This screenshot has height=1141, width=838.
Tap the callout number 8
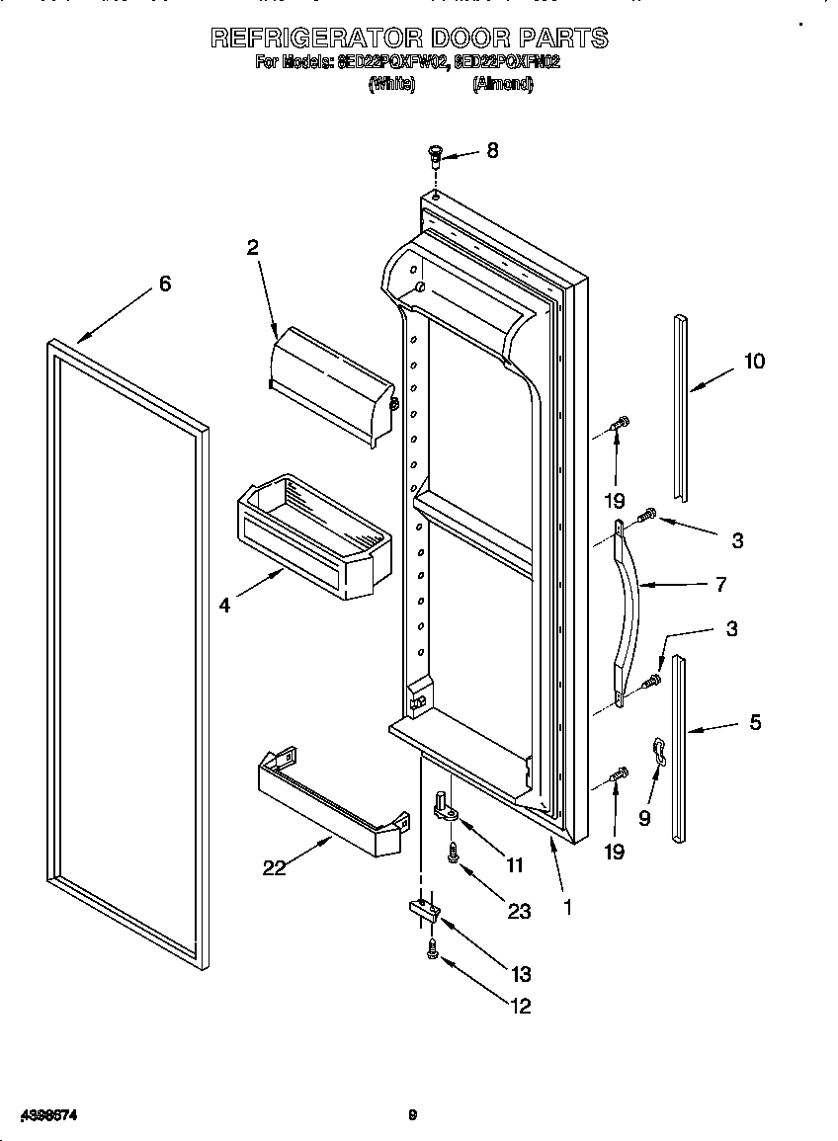[x=492, y=151]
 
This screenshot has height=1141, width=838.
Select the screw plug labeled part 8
[x=435, y=155]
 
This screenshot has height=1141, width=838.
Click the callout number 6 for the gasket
[x=164, y=284]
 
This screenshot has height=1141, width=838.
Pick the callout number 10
[x=754, y=362]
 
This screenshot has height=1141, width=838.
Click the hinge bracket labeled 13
[x=422, y=910]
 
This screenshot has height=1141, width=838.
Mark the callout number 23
[x=519, y=911]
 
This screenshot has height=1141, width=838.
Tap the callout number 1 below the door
[x=567, y=904]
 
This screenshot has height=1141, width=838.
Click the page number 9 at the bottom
[x=413, y=1116]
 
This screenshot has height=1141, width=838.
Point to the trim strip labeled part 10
[x=680, y=406]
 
